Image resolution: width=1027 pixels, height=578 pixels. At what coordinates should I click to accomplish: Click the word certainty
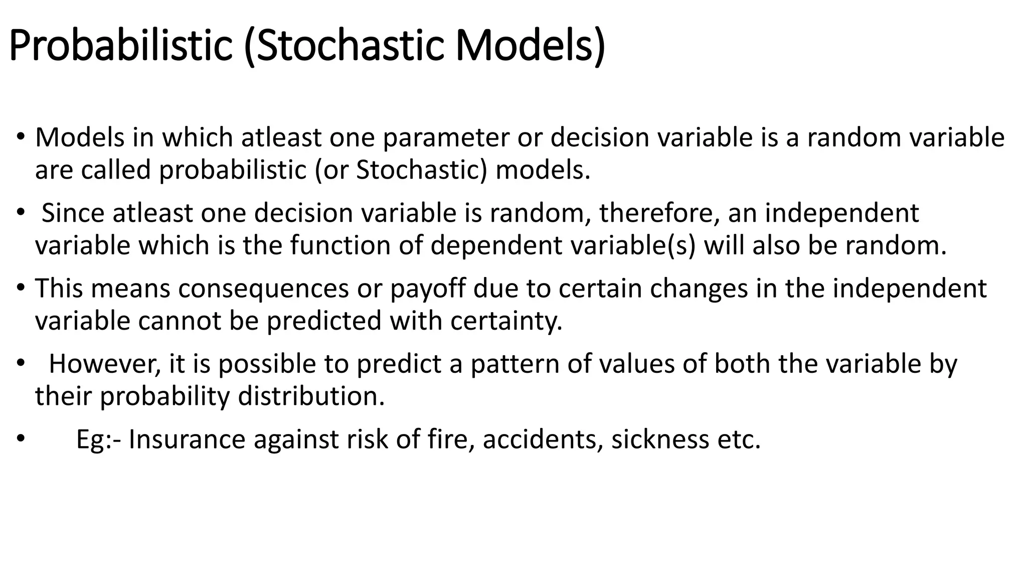tap(506, 321)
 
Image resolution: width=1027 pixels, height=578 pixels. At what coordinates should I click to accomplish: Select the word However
tap(105, 364)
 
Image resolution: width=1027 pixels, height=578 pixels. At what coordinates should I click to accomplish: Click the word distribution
tap(311, 396)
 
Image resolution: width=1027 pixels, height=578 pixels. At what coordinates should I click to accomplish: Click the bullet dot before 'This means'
tap(20, 288)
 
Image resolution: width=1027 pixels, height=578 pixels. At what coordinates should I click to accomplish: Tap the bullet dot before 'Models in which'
tap(20, 137)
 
